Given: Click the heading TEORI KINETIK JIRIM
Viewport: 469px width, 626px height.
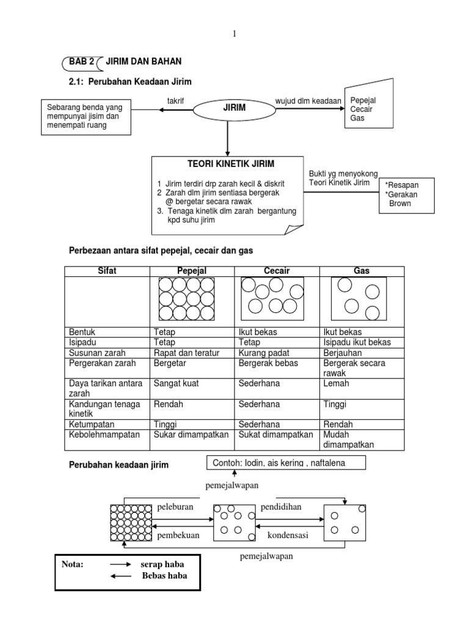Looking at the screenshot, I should coord(227,164).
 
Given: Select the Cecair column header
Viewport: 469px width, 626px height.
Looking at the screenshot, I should coord(277,271).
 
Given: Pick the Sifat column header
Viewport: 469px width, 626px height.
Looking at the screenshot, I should coord(107,271).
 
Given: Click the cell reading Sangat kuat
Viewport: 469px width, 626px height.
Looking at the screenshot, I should coord(176,384).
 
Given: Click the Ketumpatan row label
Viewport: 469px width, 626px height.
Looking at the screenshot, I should coord(92,424).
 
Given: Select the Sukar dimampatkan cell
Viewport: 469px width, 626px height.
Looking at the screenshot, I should coord(191,434).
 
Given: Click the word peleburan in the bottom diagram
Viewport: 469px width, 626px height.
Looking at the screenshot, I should coord(175,507).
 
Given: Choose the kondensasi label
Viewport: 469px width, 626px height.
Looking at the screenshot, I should coord(288,535).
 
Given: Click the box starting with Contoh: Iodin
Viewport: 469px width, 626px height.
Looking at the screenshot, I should coord(286,463).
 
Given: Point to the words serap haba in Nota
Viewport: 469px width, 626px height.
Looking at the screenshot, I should coord(163,565).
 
